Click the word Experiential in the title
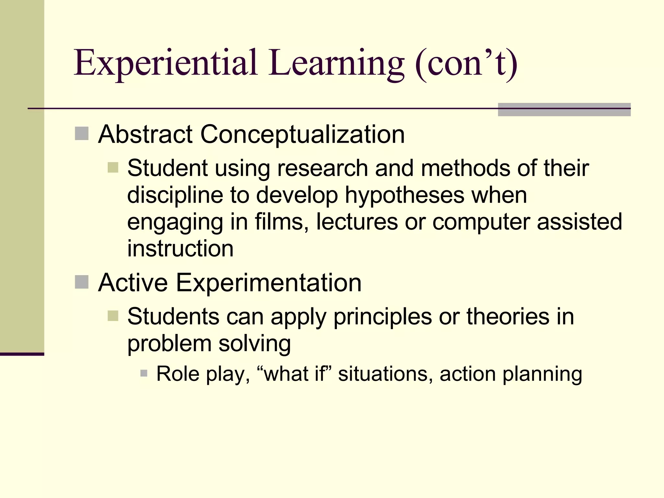click(166, 63)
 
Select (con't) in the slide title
click(466, 63)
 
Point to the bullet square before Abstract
click(82, 134)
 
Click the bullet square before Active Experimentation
click(82, 282)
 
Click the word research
click(322, 168)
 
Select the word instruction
click(180, 249)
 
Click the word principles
click(383, 317)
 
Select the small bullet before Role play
click(144, 373)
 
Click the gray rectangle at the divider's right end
click(564, 109)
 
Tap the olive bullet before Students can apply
click(113, 316)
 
